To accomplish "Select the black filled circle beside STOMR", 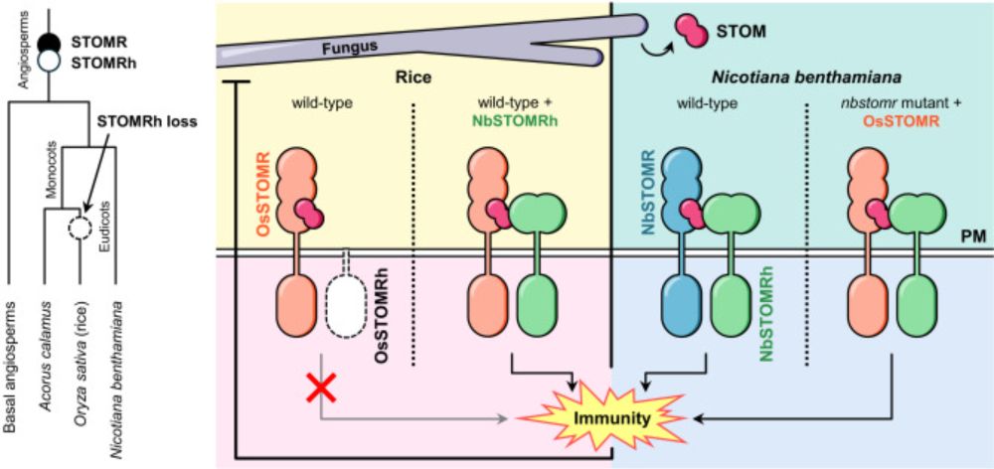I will point(49,43).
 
